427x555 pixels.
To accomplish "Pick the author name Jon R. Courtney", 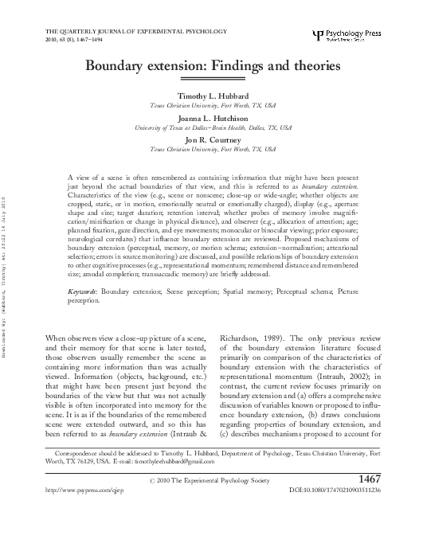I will click(x=213, y=139).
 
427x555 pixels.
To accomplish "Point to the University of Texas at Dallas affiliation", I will click(x=213, y=127).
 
